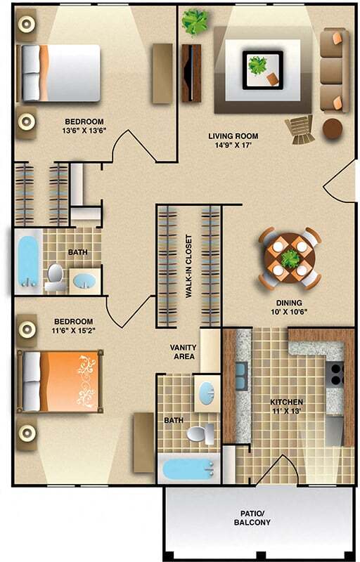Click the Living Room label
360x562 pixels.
(233, 136)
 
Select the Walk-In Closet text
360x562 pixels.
(189, 267)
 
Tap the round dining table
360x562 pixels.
(290, 258)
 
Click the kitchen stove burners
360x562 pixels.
(336, 374)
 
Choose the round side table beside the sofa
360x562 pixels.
(333, 127)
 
